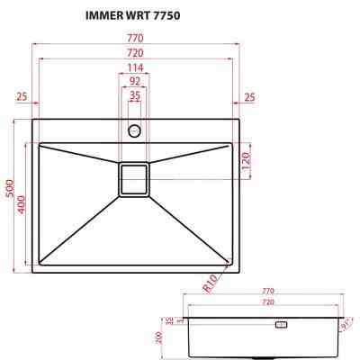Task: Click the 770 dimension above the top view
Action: pos(135,39)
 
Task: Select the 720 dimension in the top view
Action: pos(135,53)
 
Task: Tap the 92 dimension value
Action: pos(135,81)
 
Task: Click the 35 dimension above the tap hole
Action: pos(135,94)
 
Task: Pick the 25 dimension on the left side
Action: pos(22,96)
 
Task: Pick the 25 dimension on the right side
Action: pos(249,96)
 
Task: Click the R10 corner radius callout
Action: pos(212,285)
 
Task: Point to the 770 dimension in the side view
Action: pos(267,292)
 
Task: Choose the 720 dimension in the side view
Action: pos(267,304)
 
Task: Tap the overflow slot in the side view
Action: pos(280,324)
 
